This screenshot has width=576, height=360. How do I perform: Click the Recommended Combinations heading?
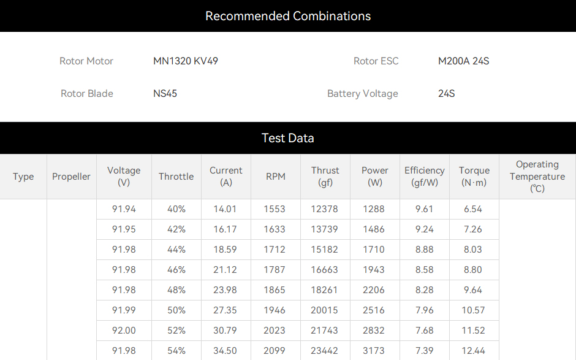[288, 16]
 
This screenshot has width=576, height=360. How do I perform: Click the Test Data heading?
[287, 138]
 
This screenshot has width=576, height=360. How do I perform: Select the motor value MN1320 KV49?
[186, 61]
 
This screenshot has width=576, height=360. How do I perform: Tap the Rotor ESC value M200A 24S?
[464, 61]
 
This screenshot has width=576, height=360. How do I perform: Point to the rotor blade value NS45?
[165, 93]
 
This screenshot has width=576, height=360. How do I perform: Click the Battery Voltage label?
[363, 94]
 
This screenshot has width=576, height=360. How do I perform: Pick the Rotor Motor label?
[86, 61]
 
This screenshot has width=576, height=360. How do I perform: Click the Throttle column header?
[176, 177]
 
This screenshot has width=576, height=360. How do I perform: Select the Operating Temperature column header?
[537, 177]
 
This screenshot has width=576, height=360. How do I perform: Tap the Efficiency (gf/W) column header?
[425, 177]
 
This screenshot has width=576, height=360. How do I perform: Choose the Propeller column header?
[71, 177]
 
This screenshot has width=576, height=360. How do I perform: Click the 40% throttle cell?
[176, 209]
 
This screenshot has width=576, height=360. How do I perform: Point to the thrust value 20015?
[324, 310]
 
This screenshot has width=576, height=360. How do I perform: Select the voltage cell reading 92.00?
[124, 331]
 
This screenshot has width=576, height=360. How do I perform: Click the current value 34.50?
[225, 351]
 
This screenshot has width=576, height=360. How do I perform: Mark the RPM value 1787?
[275, 270]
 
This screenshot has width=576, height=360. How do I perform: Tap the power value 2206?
[374, 290]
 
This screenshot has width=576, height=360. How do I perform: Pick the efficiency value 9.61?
[425, 209]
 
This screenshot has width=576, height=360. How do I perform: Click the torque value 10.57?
[473, 310]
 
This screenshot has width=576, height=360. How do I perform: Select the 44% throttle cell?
[176, 250]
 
